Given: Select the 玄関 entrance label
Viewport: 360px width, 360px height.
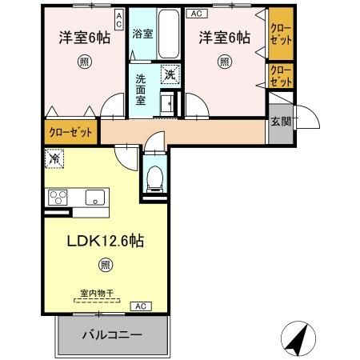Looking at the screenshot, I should (x=281, y=122).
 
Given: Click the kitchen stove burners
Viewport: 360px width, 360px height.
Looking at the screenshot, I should (x=58, y=197).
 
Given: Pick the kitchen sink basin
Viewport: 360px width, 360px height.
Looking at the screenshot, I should (x=95, y=197).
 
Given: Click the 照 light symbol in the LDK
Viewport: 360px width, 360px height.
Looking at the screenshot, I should (x=104, y=265).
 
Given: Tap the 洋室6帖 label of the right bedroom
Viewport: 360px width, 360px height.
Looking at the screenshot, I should (x=226, y=37).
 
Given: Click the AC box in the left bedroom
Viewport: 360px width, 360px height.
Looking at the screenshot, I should (x=118, y=20).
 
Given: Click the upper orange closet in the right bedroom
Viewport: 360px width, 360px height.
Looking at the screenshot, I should (x=279, y=35).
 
